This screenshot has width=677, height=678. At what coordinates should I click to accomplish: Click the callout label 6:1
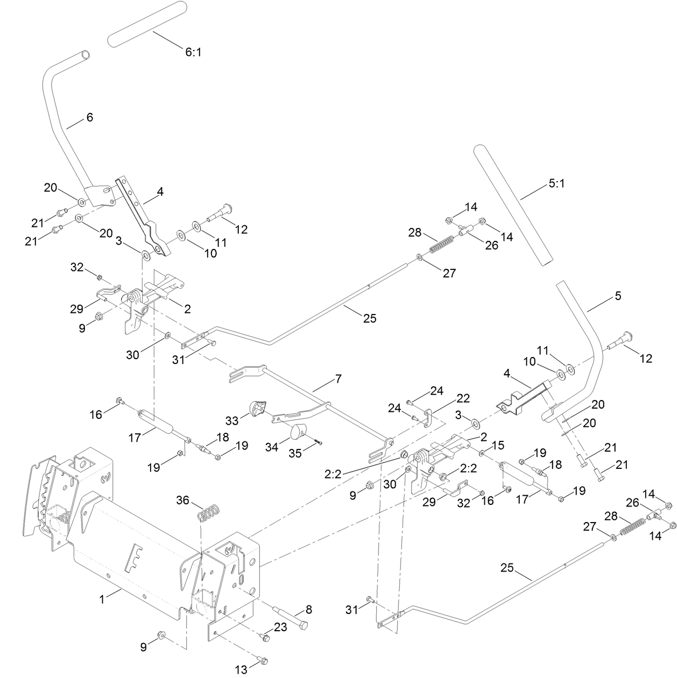click(193, 52)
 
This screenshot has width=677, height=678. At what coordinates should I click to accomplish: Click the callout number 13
click(241, 669)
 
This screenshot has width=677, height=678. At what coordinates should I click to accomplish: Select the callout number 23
click(281, 626)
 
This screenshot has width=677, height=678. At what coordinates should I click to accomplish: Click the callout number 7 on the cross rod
click(337, 379)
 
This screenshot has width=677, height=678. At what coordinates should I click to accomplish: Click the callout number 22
click(462, 398)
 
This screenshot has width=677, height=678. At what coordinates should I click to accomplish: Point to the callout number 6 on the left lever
click(89, 117)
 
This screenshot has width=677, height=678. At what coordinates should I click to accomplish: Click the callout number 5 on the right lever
click(617, 296)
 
